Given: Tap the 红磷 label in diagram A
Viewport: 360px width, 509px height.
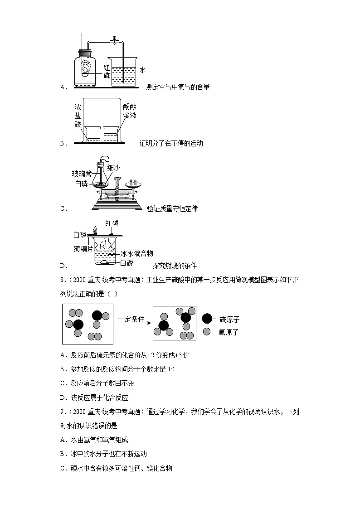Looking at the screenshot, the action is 107,71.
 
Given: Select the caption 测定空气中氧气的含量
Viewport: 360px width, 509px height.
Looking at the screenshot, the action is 178,87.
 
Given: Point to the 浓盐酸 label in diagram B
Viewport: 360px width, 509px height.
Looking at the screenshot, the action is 78,116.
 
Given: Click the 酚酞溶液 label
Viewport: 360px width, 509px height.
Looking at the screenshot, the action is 129,111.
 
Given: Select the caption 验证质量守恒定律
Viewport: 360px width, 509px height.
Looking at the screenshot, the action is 172,208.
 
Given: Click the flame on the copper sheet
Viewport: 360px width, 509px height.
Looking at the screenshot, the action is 95,230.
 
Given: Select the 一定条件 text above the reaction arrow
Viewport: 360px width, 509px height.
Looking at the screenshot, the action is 131,319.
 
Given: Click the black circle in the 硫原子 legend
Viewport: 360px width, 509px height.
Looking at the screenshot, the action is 207,319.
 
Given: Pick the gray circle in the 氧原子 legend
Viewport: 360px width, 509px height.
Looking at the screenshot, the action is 207,332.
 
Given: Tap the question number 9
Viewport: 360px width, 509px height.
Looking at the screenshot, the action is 63,412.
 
